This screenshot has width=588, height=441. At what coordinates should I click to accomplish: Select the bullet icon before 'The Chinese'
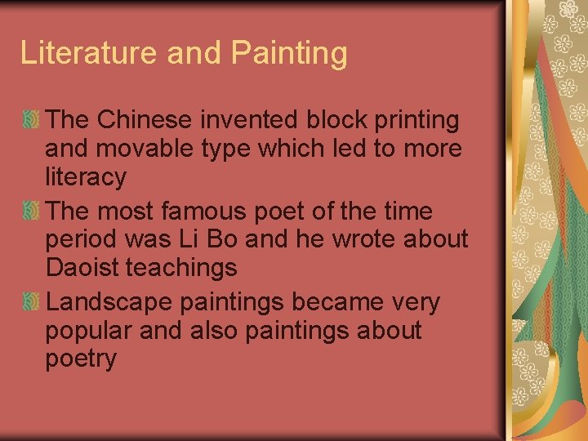[30, 121]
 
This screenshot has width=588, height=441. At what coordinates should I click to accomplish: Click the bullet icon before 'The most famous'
[30, 212]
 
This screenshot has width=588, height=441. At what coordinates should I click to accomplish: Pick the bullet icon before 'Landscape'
[30, 302]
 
